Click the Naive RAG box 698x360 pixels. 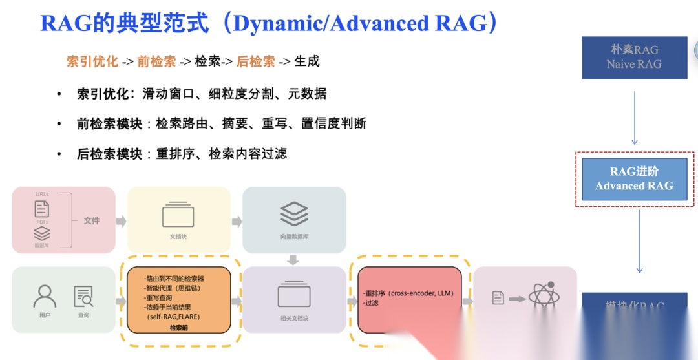pyautogui.click(x=634, y=58)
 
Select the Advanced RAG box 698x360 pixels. pyautogui.click(x=634, y=179)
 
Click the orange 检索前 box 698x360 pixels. pyautogui.click(x=179, y=300)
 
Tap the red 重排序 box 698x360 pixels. pyautogui.click(x=408, y=300)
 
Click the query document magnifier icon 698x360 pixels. pyautogui.click(x=83, y=296)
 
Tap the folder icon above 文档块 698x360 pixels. pyautogui.click(x=178, y=215)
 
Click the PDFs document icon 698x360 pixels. pyautogui.click(x=42, y=209)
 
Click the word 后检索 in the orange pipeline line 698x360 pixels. pyautogui.click(x=256, y=61)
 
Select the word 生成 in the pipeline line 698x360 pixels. pyautogui.click(x=307, y=61)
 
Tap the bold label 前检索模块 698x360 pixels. pyautogui.click(x=109, y=123)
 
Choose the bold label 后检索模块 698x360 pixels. pyautogui.click(x=109, y=154)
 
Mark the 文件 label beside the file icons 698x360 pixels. pyautogui.click(x=92, y=220)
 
